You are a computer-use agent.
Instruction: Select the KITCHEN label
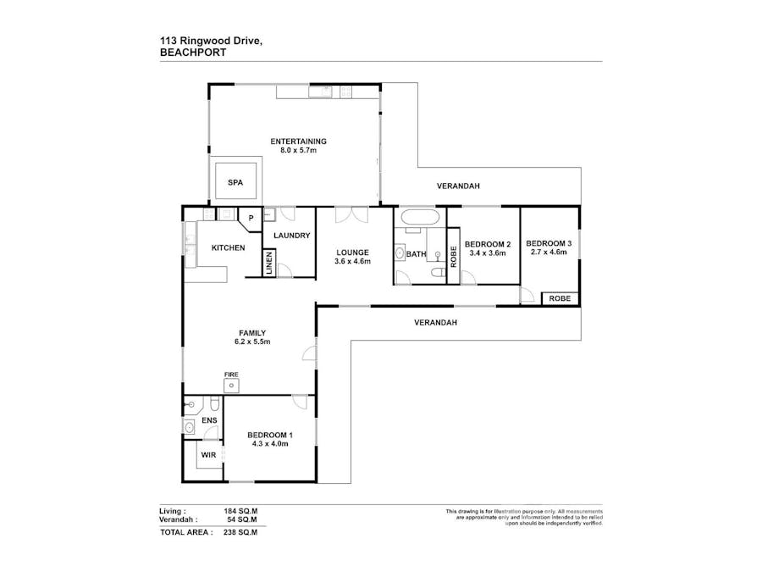click(x=228, y=248)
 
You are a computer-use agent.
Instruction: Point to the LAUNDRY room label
click(x=293, y=236)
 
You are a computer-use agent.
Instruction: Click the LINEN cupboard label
click(x=269, y=264)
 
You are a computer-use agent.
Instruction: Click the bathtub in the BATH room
click(x=418, y=218)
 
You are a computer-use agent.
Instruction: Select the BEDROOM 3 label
click(x=550, y=244)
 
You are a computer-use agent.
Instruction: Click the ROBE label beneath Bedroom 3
click(x=560, y=298)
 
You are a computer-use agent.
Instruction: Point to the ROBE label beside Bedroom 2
click(x=453, y=258)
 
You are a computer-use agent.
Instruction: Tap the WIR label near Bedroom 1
click(x=208, y=455)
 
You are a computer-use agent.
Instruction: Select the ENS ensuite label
click(x=209, y=419)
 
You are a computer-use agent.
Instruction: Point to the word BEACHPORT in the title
click(x=187, y=51)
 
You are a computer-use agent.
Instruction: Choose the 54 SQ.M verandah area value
click(x=241, y=519)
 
